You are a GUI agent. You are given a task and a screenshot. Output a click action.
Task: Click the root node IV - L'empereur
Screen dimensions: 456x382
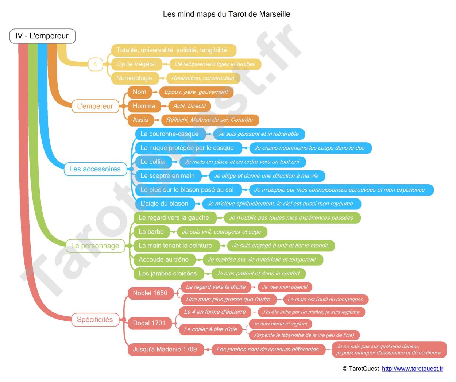coord(42,36)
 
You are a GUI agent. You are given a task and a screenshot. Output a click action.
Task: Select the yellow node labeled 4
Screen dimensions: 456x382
coord(95,64)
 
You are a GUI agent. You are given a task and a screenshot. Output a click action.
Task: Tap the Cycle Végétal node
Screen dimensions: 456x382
coord(136,64)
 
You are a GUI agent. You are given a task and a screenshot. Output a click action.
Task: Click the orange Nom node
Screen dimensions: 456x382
coord(139,92)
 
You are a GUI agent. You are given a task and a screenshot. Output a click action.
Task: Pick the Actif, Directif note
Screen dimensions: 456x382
coord(189,106)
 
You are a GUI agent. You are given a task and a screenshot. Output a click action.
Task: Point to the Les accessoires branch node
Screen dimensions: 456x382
coord(95,169)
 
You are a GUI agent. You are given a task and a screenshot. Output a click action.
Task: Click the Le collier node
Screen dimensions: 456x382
coord(153,162)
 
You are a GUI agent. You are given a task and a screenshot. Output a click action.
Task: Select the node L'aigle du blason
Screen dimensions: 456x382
coord(165,204)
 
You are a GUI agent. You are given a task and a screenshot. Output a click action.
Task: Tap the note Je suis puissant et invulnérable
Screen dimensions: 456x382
coord(259,134)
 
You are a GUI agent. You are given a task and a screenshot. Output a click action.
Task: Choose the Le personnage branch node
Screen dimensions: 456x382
coord(95,246)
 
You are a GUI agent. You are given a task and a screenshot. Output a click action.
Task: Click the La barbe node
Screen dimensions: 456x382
coord(151,232)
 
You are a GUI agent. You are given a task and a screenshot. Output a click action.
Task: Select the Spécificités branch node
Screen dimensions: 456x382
coord(95,320)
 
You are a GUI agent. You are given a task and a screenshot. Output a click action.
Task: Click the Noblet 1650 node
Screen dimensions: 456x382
coord(150,293)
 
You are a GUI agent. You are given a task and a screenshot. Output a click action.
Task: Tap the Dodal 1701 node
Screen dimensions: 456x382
coord(149,323)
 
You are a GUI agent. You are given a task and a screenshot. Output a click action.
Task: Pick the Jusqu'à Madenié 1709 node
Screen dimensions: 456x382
coord(166,350)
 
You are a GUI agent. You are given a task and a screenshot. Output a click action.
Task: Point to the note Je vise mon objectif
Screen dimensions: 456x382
coord(285,287)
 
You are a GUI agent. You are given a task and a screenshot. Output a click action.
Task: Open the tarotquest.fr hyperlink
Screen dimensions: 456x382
coord(412,369)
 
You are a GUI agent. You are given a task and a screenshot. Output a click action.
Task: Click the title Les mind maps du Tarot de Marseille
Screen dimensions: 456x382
coord(227,14)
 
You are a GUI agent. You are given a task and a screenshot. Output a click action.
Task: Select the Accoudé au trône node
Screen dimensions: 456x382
coord(164,260)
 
